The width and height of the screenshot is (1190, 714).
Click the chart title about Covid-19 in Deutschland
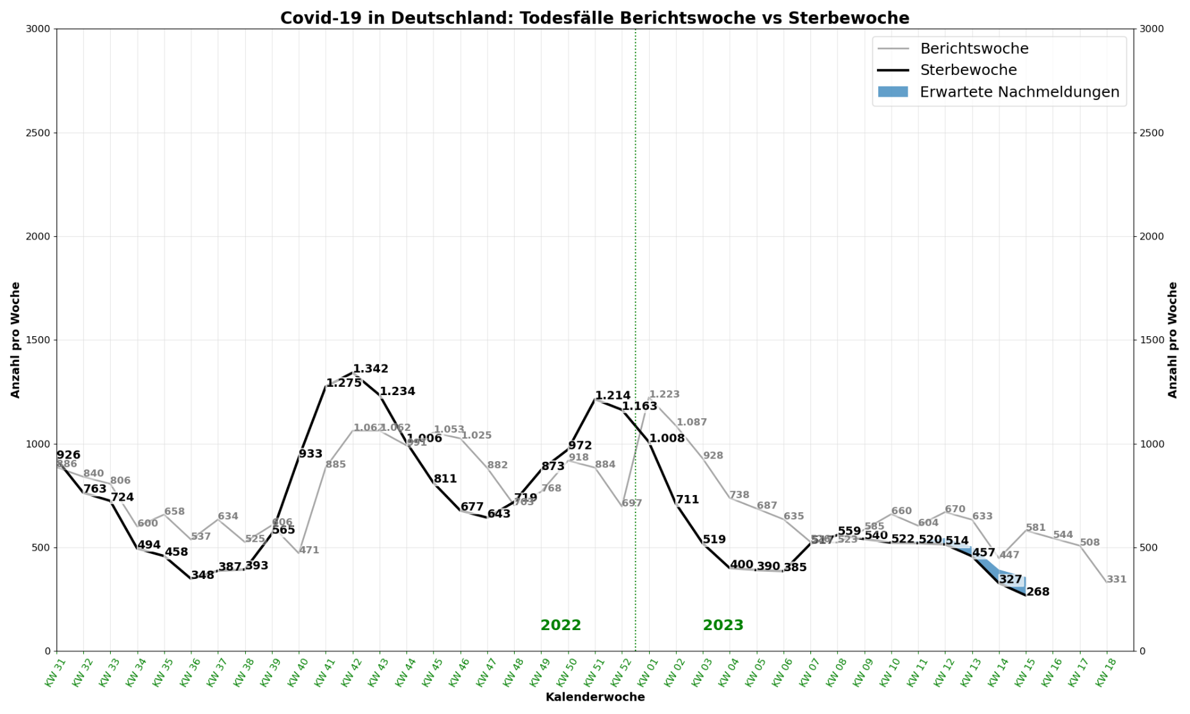pos(595,18)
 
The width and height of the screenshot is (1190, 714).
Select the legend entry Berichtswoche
pos(974,49)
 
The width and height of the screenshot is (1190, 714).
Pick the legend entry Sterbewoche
pos(968,70)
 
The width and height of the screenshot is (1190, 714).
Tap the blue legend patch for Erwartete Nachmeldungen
pos(893,92)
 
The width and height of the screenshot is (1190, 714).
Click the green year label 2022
pos(561,626)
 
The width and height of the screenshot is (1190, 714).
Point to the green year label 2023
pos(723,626)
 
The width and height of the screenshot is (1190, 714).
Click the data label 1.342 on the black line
pos(371,369)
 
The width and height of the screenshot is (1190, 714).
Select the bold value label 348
pos(202,575)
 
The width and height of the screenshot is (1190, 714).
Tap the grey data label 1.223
pos(664,394)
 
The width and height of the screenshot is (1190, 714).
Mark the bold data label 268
pos(1038,592)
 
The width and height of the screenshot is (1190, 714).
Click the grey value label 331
pos(1116,580)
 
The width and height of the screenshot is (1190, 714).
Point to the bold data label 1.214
pos(613,396)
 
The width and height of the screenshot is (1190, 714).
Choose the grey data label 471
pos(309,550)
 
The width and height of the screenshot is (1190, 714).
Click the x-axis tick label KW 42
pos(348,673)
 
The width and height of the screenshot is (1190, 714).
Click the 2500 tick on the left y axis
pos(38,133)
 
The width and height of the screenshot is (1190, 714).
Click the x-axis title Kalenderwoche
pos(595,697)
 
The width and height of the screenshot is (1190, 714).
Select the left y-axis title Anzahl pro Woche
pos(15,340)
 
